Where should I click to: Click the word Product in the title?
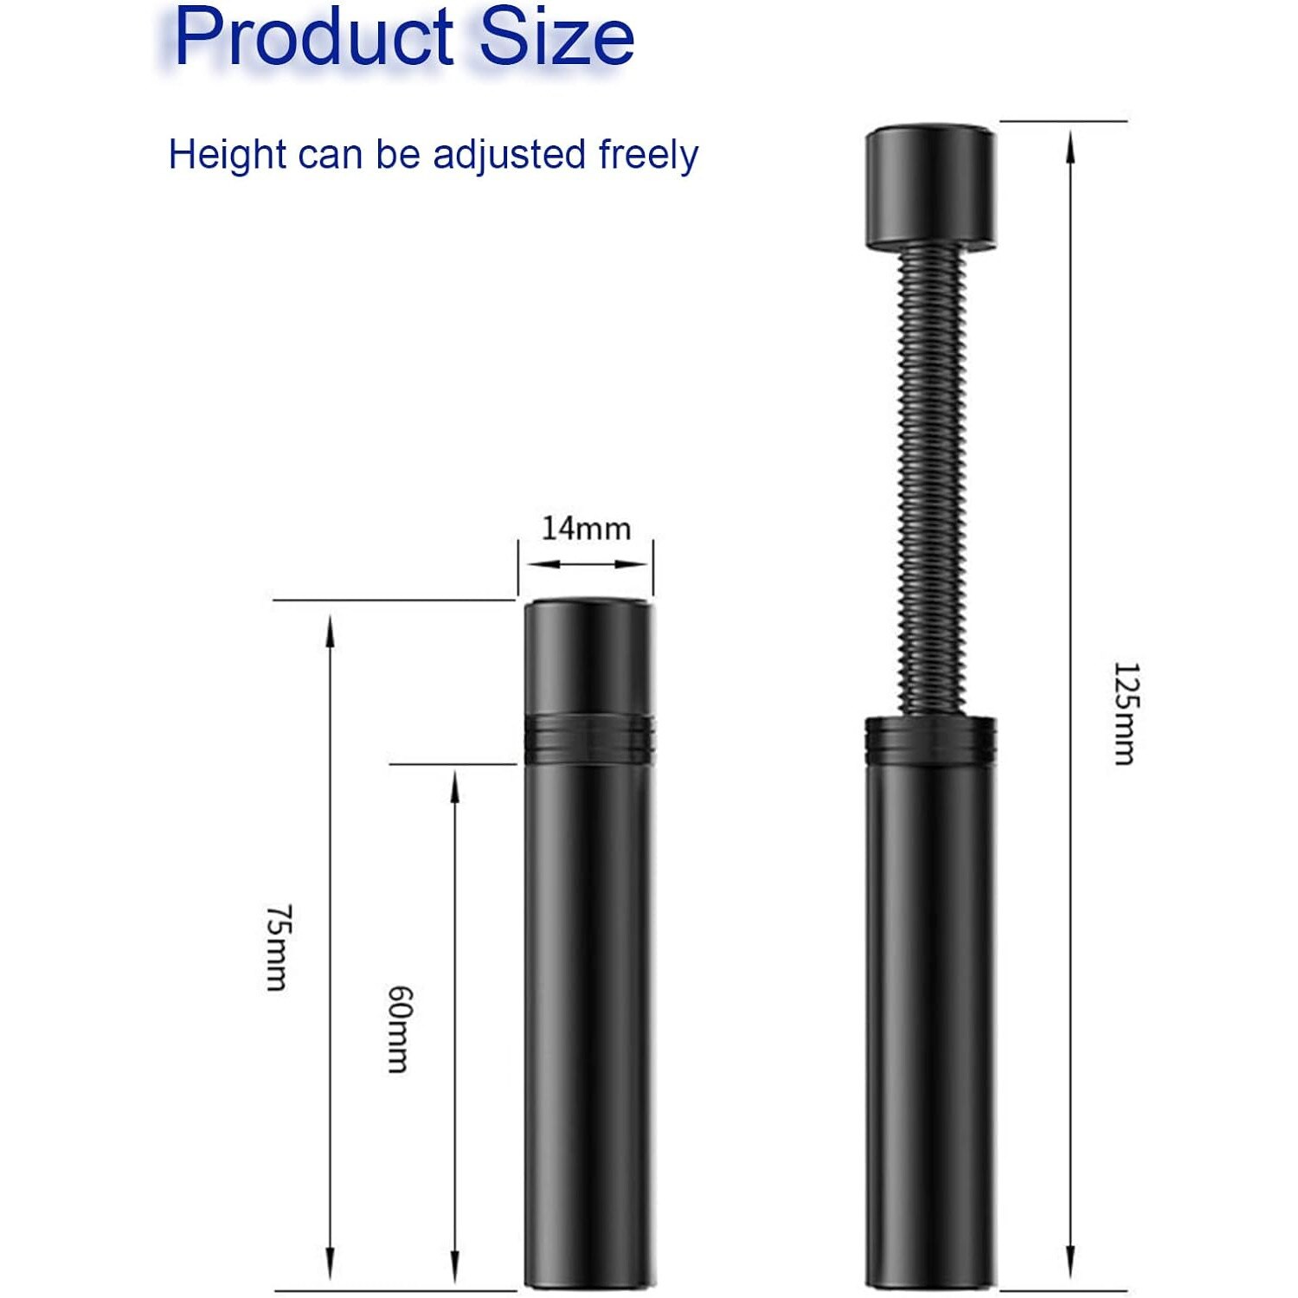(313, 37)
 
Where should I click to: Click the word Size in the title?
(557, 37)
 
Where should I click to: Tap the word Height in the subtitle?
(227, 155)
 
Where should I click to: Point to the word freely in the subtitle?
(648, 155)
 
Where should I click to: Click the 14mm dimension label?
(586, 528)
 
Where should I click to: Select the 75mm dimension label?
(278, 947)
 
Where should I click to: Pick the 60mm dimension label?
(399, 1029)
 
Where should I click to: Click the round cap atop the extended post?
(930, 188)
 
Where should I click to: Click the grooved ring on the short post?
(588, 738)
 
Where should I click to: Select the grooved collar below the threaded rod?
(930, 736)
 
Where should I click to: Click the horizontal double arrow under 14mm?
(586, 564)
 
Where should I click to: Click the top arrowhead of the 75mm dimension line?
(329, 628)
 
